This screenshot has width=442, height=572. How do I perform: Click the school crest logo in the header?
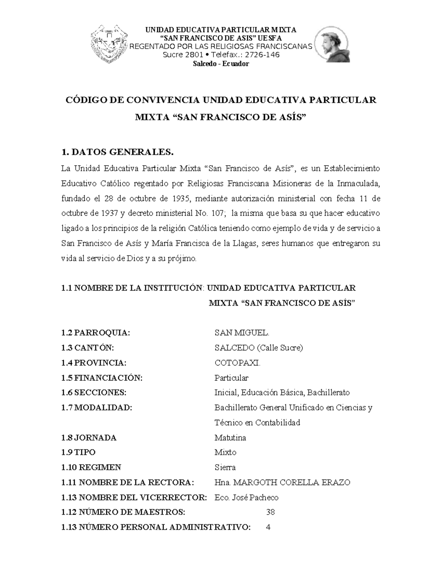tap(109, 45)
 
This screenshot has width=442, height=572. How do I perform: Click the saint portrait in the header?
tap(331, 46)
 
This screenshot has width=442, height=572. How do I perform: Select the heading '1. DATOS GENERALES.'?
tap(117, 152)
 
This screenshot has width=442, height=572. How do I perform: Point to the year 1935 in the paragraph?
tap(181, 199)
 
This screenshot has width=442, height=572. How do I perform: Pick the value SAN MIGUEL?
tap(242, 333)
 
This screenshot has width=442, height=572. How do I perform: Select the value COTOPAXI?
tap(237, 363)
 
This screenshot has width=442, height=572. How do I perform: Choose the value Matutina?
tap(230, 438)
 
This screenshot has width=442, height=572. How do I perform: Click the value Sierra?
tap(225, 467)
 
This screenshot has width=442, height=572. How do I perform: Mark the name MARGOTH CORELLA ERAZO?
tap(292, 482)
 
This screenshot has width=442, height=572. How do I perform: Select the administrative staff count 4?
tap(268, 527)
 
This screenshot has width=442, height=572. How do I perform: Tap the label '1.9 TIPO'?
tap(78, 452)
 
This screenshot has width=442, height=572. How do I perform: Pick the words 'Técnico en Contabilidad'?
tap(257, 422)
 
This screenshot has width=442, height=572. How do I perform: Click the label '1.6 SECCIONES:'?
tap(94, 393)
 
